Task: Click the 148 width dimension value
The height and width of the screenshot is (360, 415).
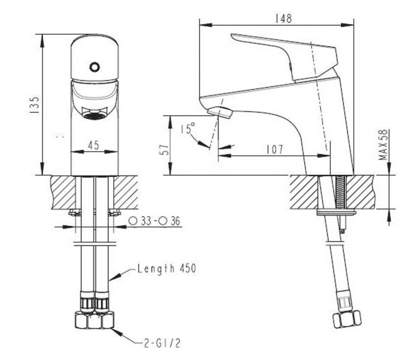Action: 284,19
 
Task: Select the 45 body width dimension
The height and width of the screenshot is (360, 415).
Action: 93,145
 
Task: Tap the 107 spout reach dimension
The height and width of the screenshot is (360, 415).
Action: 275,150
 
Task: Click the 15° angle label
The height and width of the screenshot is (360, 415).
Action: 188,129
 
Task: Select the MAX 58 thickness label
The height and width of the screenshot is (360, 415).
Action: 383,144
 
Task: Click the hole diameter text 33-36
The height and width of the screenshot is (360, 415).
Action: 154,221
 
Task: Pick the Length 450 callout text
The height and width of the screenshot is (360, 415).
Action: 167,269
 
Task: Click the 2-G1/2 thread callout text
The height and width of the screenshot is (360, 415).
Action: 163,343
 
